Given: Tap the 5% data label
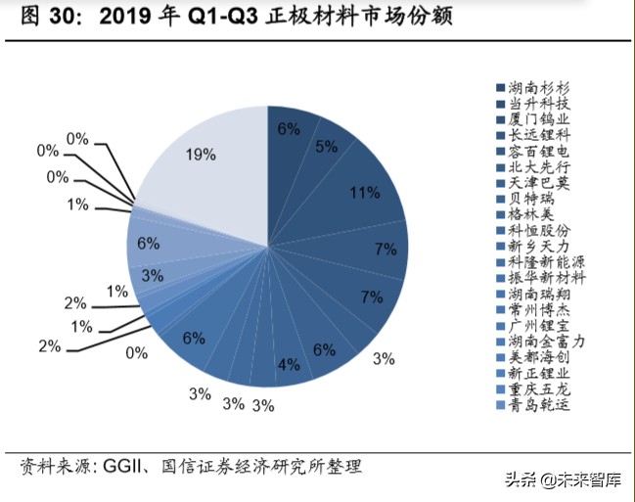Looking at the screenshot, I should [x=326, y=147].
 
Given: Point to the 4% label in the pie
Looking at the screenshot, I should [x=289, y=365].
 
